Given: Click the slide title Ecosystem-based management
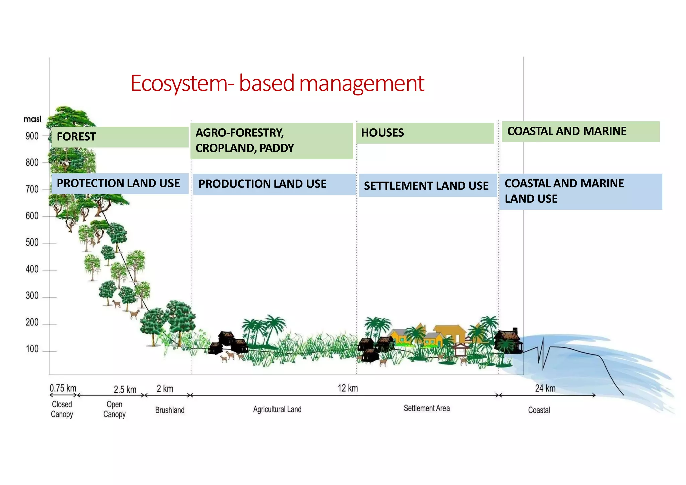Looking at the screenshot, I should click(x=277, y=83).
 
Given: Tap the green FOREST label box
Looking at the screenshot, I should click(x=120, y=137).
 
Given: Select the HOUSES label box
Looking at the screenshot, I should click(x=425, y=133).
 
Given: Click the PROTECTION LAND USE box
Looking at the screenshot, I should click(x=119, y=183).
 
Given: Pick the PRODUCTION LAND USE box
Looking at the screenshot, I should click(x=274, y=184).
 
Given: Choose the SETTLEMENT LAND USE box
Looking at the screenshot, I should click(x=427, y=185).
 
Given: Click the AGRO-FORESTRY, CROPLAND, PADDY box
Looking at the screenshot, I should click(x=271, y=141).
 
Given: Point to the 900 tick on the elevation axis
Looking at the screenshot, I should click(x=32, y=136).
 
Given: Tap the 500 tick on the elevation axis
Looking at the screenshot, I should click(x=32, y=242).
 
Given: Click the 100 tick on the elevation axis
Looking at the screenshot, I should click(x=32, y=349).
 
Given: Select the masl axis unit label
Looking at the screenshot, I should click(x=32, y=119).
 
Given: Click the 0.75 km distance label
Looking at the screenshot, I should click(x=63, y=388).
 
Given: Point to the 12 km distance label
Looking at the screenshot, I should click(x=348, y=388).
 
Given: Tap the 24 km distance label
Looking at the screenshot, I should click(x=545, y=388).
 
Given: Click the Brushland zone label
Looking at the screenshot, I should click(x=169, y=410).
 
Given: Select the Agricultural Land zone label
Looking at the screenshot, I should click(x=277, y=409).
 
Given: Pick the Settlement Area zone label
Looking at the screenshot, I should click(x=426, y=408).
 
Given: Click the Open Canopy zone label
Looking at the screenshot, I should click(x=114, y=409).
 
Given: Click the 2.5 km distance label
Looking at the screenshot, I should click(x=125, y=390).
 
